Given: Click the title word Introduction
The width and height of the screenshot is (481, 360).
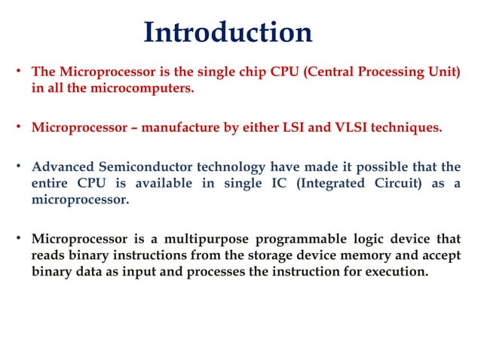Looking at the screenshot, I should [x=228, y=32].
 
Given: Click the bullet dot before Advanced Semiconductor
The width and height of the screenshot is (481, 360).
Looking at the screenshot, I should [x=20, y=166].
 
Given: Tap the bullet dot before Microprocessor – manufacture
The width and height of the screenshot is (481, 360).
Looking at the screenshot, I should [x=20, y=127].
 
